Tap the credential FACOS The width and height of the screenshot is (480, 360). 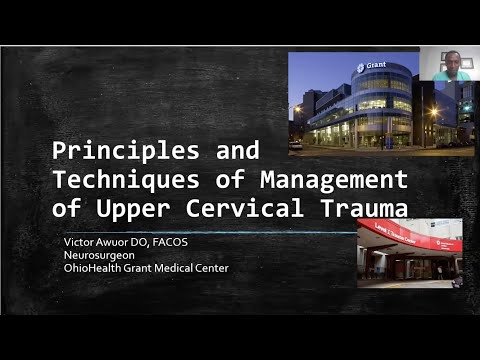(x=178, y=240)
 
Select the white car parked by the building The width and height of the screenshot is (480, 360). (x=295, y=145)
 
